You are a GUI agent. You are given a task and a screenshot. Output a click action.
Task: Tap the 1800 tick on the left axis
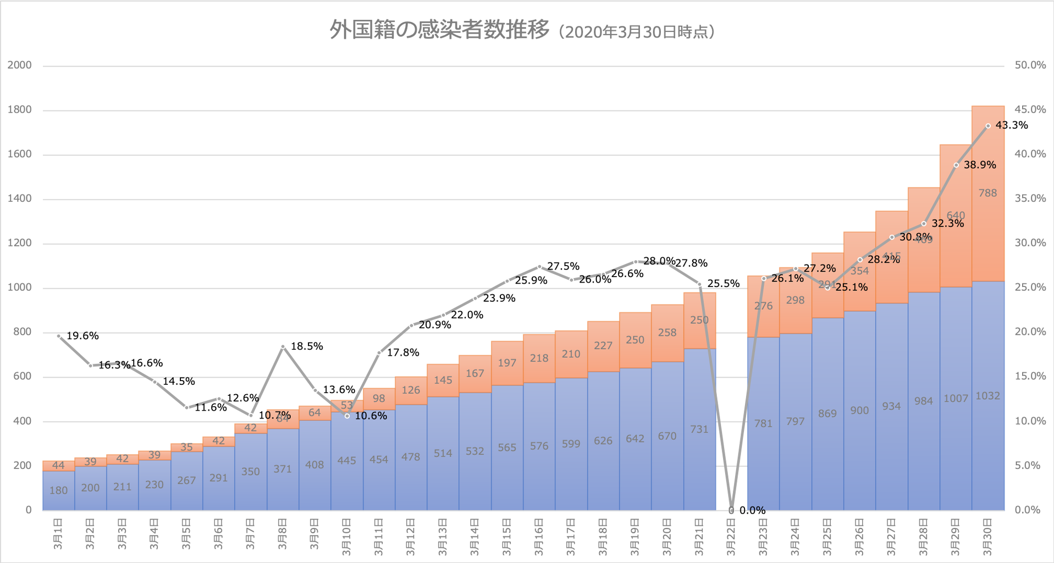click(x=19, y=110)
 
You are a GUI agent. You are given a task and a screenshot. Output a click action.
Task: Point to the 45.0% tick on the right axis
click(x=1030, y=110)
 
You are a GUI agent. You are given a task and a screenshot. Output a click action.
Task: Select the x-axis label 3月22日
click(x=731, y=533)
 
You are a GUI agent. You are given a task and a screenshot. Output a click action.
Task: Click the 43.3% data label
click(x=1011, y=125)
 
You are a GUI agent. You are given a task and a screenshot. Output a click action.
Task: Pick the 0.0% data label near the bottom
click(x=752, y=510)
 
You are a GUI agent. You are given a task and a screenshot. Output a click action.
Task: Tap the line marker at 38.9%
click(x=956, y=165)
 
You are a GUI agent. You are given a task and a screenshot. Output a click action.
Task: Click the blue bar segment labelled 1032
click(x=987, y=396)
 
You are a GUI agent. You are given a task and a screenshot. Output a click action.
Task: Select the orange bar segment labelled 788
click(x=987, y=193)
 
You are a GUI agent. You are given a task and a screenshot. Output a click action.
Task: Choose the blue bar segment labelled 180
click(x=58, y=490)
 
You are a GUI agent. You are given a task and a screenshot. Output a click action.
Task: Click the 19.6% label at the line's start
click(x=82, y=336)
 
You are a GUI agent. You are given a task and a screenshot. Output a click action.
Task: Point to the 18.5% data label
click(x=306, y=346)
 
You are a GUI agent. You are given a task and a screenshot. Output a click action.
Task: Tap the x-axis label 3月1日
click(x=58, y=533)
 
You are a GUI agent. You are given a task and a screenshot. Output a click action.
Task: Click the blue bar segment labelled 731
click(x=699, y=429)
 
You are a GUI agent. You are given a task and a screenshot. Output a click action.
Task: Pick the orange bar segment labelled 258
click(x=667, y=333)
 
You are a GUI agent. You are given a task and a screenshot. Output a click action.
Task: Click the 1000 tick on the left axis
click(x=19, y=288)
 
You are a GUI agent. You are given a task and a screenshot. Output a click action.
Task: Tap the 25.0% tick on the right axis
click(x=1030, y=288)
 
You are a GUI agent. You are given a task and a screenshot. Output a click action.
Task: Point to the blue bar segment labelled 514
click(x=443, y=454)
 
